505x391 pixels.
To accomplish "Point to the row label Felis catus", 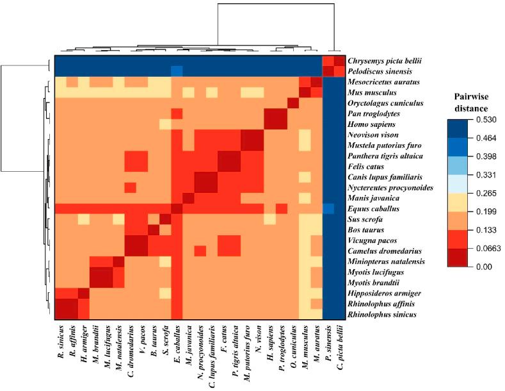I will tap(365, 166).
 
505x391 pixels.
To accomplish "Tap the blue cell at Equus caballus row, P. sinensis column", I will tap(328, 208).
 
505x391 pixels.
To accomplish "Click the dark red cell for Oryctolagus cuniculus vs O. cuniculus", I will tap(293, 103).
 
